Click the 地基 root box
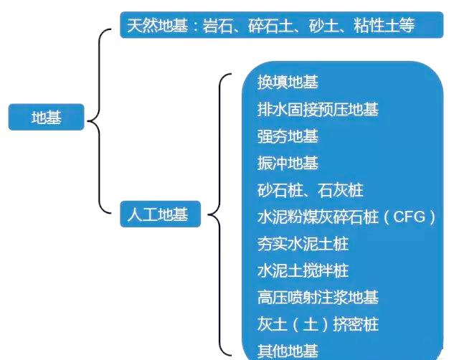[x=46, y=118]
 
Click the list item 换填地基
[x=288, y=82]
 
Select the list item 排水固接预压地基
[x=318, y=110]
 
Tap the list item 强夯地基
[x=288, y=136]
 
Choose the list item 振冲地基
[x=288, y=164]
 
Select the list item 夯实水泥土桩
[x=303, y=244]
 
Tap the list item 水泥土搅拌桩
[x=303, y=271]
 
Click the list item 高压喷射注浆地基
[x=318, y=298]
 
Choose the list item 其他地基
[x=288, y=351]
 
